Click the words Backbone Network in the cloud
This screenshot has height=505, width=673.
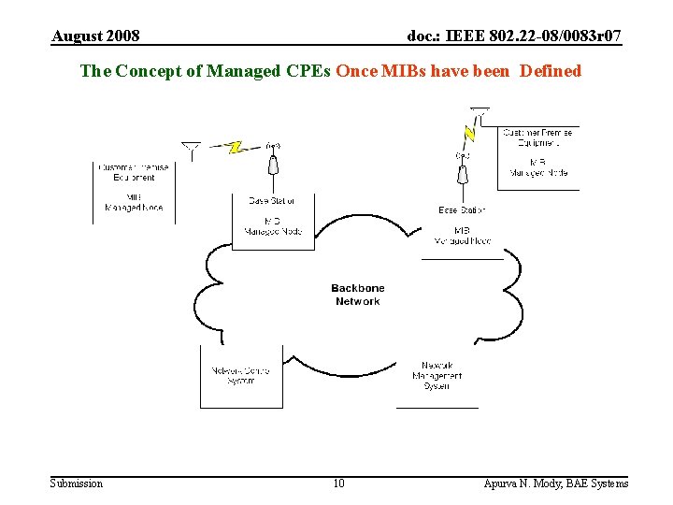point(357,295)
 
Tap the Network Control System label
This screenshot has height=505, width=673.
point(241,375)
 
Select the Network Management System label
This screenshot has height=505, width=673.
point(437,375)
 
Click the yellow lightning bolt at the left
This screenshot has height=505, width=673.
point(236,147)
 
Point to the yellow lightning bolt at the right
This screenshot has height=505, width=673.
point(469,133)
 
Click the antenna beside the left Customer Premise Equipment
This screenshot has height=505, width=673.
point(192,151)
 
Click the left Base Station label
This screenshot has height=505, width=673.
point(272,200)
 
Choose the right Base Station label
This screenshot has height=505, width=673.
point(462,210)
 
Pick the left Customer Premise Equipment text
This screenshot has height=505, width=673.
point(135,172)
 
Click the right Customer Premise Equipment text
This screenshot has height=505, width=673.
point(537,138)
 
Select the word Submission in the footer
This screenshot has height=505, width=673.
point(77,483)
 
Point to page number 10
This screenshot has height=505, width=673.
point(338,483)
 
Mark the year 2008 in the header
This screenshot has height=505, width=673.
point(124,36)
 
